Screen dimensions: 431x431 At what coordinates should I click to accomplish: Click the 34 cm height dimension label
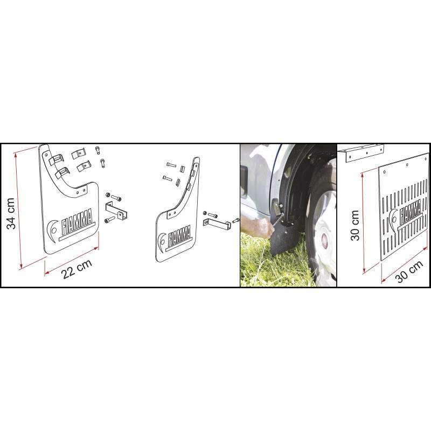11,213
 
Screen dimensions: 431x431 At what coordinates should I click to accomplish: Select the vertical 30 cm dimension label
355,225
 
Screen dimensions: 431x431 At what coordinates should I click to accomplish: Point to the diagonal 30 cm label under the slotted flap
409,272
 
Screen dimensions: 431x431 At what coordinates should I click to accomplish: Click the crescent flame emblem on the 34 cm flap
52,231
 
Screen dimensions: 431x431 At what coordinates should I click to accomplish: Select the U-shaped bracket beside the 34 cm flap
116,210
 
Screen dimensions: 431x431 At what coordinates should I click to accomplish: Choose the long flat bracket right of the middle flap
217,224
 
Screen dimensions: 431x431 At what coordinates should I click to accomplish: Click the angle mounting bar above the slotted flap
360,152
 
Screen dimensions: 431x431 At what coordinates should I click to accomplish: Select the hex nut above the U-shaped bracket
108,195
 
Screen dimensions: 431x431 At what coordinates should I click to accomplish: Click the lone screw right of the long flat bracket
236,220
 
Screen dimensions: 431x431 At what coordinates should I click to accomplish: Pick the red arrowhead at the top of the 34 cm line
16,155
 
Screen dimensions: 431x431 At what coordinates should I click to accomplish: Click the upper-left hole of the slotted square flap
385,172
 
